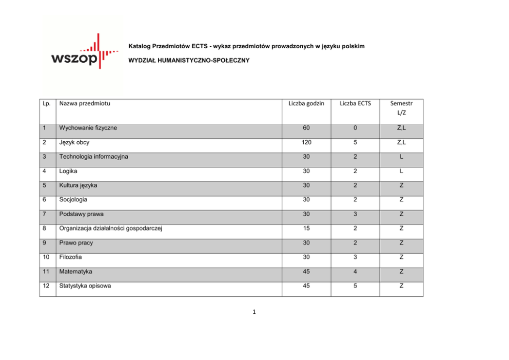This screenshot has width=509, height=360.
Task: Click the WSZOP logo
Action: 82,53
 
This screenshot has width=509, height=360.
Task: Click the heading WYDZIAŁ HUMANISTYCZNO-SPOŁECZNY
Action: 188,61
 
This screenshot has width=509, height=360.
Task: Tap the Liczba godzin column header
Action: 306,104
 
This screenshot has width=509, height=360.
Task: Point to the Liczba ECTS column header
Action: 355,104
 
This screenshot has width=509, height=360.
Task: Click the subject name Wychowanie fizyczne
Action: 88,128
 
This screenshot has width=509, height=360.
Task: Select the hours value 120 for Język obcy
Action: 306,142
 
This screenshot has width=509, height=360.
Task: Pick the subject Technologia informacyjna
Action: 93,157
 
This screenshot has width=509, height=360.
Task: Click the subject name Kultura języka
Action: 78,185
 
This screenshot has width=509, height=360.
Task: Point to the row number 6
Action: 45,200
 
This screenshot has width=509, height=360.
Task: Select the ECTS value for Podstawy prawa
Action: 355,214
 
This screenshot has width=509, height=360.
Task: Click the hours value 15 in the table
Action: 306,229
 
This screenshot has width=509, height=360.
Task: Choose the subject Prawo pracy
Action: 76,243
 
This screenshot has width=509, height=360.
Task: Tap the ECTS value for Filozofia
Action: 355,257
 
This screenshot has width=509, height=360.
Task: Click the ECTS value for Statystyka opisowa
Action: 355,286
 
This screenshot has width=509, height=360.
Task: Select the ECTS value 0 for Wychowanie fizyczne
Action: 355,128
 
